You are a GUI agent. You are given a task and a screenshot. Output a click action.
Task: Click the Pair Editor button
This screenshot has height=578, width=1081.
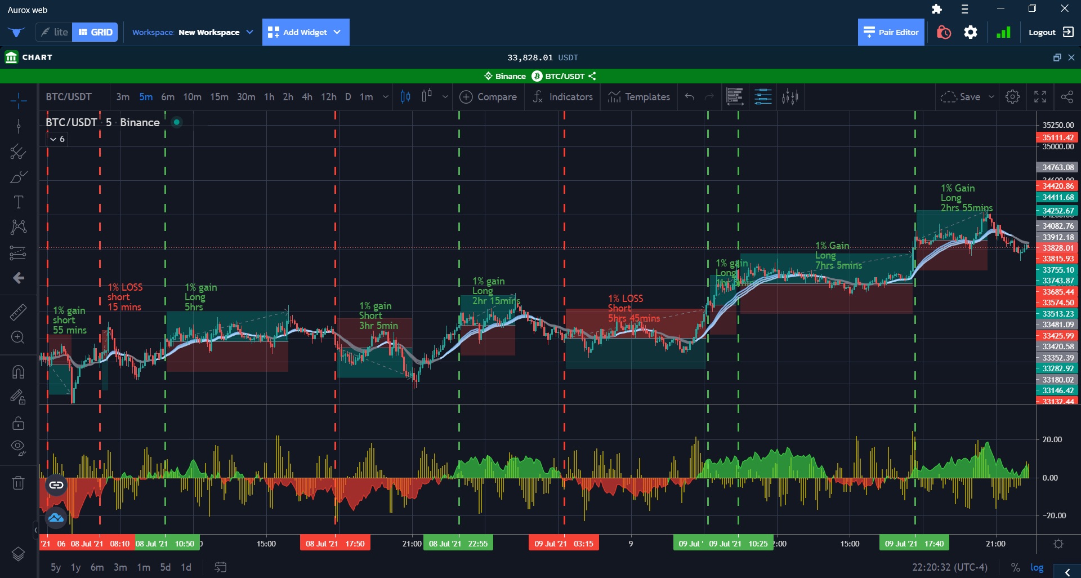[x=891, y=32]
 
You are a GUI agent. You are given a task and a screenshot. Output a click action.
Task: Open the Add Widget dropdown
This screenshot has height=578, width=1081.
[x=305, y=32]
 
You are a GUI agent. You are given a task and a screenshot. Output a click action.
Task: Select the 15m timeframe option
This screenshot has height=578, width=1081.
[x=219, y=97]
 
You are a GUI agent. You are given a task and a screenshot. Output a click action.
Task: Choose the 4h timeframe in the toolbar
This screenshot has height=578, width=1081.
[x=307, y=97]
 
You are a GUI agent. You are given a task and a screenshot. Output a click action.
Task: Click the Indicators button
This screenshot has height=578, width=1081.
[x=562, y=97]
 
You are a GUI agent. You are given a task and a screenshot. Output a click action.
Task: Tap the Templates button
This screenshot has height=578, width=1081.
[x=639, y=97]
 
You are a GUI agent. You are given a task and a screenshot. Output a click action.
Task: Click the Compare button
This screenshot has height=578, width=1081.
[x=488, y=97]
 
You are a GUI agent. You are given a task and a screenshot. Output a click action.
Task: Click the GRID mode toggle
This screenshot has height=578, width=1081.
[x=95, y=32]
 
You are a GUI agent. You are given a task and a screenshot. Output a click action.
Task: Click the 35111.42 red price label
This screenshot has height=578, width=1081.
[x=1057, y=137]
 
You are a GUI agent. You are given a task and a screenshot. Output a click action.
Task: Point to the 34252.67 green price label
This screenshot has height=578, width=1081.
[x=1057, y=211]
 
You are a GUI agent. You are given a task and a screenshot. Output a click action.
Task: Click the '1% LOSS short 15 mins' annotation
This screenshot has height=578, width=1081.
[x=124, y=297]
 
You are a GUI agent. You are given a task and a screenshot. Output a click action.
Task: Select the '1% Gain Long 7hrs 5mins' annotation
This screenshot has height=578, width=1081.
[x=838, y=255]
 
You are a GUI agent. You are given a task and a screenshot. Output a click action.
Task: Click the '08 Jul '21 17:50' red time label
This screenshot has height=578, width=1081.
[x=335, y=544]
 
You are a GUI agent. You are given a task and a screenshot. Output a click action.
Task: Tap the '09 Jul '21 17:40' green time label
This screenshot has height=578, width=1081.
[x=914, y=544]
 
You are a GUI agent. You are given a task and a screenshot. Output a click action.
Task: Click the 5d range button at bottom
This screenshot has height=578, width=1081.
[x=165, y=567]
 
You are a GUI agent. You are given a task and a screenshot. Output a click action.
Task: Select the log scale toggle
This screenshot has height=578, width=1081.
[x=1037, y=567]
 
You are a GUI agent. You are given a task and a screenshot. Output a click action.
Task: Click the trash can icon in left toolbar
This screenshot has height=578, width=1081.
[x=18, y=483]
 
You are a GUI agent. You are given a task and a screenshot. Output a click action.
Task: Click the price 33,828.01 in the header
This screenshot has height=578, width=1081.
[x=530, y=57]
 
